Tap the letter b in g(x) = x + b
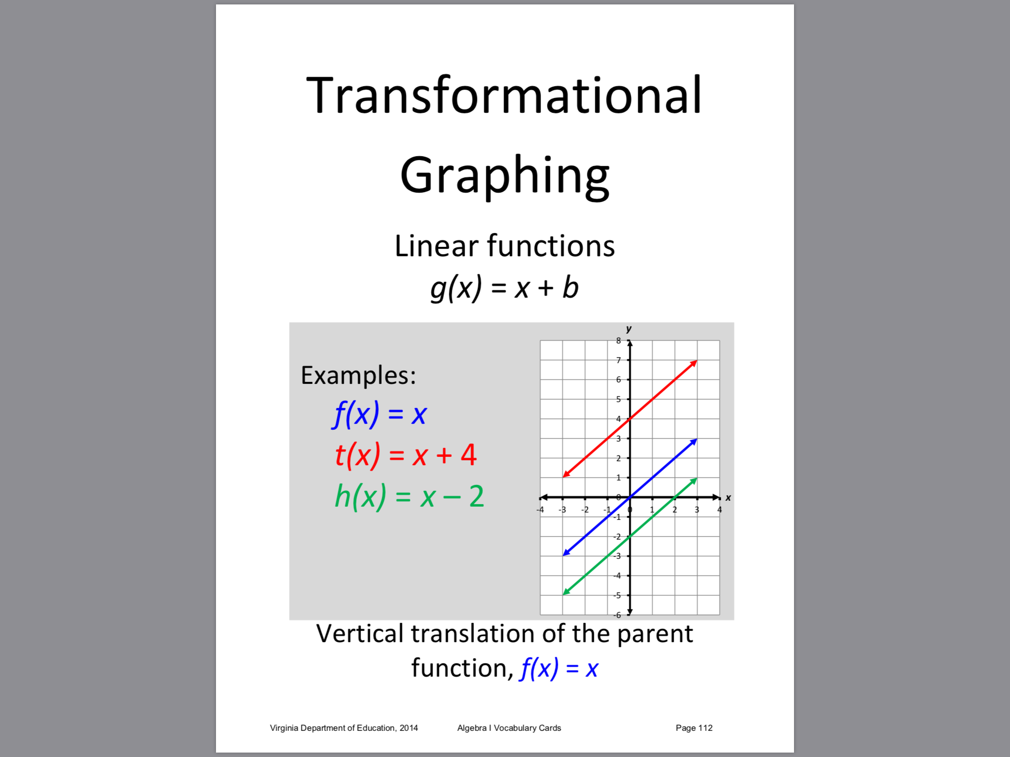coord(570,287)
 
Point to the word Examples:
coord(359,376)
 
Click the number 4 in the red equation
coord(469,454)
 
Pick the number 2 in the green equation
coord(476,496)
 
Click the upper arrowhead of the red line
coord(694,363)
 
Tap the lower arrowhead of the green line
coord(566,592)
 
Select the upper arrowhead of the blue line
coord(694,441)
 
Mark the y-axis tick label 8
coord(618,341)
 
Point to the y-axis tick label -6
coord(617,615)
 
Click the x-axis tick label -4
coord(540,510)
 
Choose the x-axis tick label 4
coord(720,510)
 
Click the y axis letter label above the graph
coord(629,329)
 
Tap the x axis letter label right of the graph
coord(728,498)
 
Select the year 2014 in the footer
coord(409,728)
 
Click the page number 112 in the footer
coord(705,728)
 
